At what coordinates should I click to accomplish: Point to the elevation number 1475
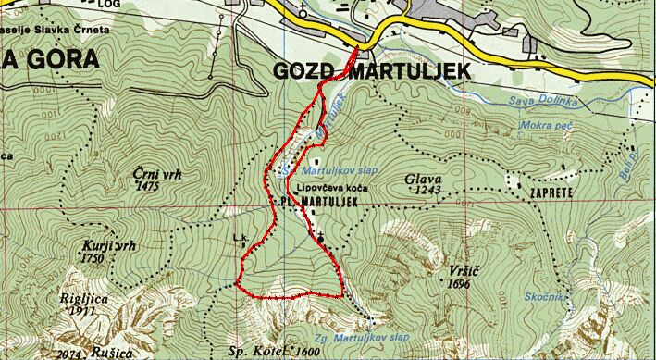pyautogui.click(x=148, y=186)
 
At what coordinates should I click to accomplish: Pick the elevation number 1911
pyautogui.click(x=83, y=312)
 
